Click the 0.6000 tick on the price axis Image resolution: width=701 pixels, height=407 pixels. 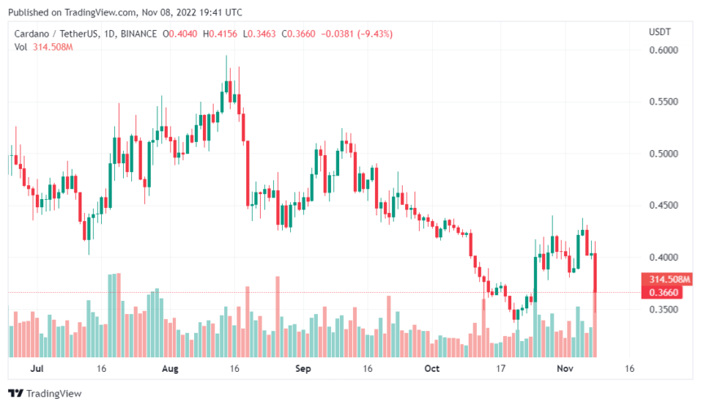[x=664, y=51]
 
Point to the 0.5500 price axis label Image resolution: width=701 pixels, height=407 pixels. [x=664, y=102]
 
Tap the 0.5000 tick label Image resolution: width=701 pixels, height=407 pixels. [x=664, y=154]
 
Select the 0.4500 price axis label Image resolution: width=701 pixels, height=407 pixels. [x=664, y=206]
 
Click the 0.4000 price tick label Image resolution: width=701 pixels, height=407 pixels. [x=664, y=258]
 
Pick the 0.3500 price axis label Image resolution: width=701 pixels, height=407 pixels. [x=664, y=310]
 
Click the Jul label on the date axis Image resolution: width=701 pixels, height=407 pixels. [x=36, y=369]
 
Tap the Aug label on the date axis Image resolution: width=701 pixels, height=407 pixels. [x=169, y=369]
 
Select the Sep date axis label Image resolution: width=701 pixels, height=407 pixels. [x=303, y=369]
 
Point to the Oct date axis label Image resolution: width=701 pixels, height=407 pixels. [x=432, y=369]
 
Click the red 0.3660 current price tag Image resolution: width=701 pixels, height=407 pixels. [x=664, y=292]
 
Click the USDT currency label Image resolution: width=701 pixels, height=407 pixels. [x=659, y=32]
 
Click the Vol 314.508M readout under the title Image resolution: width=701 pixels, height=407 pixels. [x=44, y=47]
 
